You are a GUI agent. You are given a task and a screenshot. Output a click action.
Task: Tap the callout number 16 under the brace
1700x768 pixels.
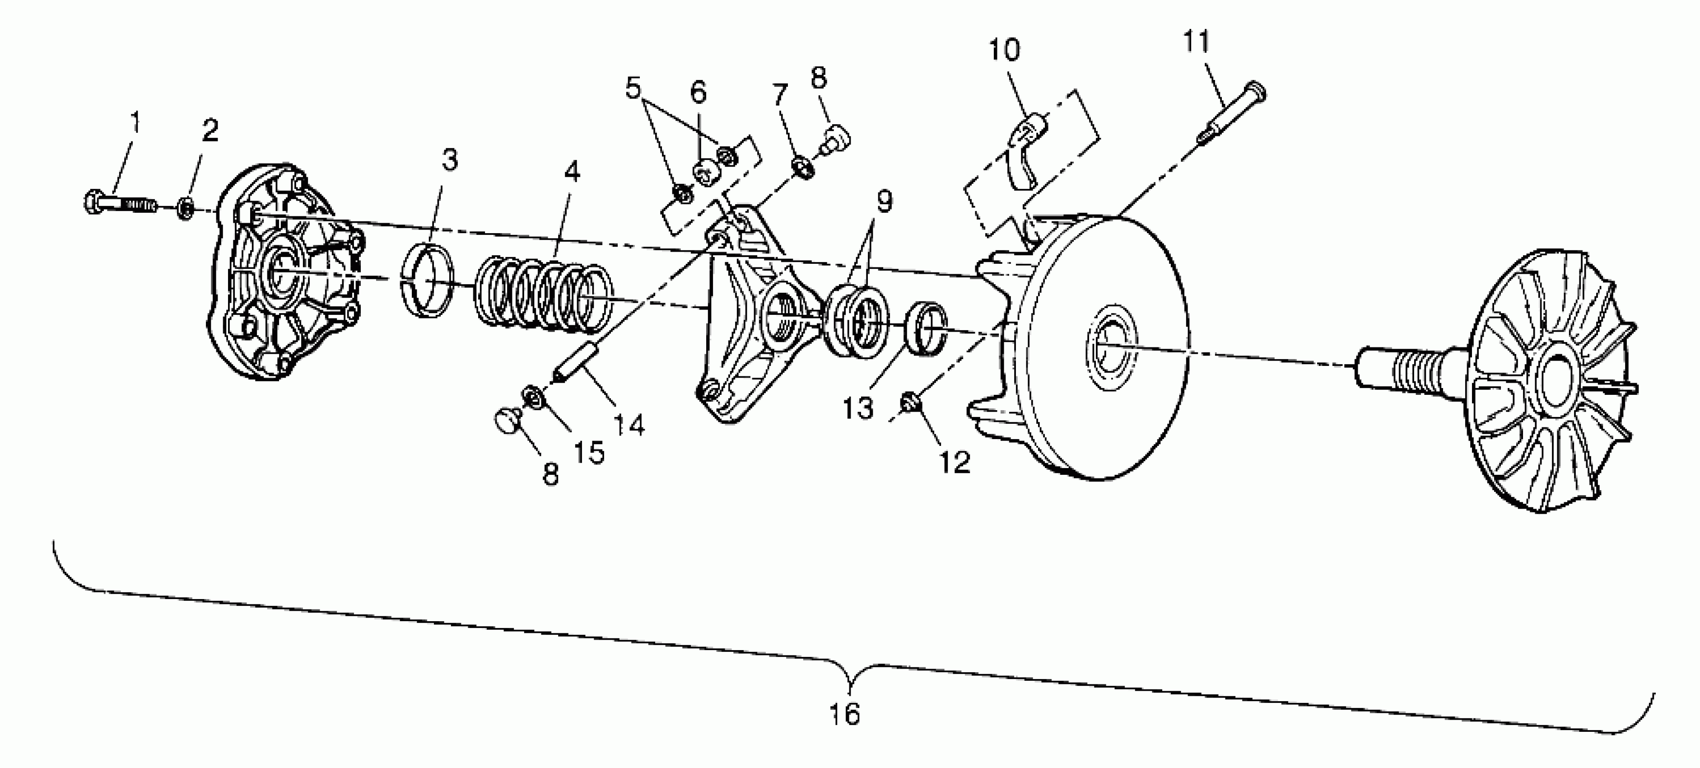coord(845,714)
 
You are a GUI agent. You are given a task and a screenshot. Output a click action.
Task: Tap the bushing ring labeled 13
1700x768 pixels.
coord(927,328)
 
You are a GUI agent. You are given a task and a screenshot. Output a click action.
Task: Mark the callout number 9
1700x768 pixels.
coord(885,201)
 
